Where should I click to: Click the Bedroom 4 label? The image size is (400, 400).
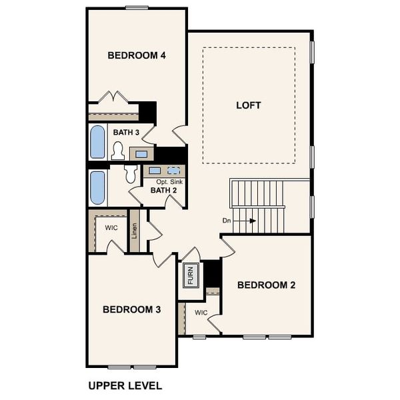[137, 55]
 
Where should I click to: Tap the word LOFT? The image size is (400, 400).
[249, 105]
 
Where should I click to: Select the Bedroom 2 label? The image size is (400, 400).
[267, 285]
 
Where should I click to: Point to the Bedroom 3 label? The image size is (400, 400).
[131, 309]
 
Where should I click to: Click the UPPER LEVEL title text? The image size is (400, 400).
[125, 385]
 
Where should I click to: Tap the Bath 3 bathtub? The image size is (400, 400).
[98, 141]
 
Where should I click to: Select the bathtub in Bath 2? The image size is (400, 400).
[98, 187]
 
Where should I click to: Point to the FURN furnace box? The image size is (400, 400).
[191, 275]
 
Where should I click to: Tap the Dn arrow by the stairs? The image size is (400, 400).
[247, 221]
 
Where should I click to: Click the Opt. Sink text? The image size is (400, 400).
[170, 181]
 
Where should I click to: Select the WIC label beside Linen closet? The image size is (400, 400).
[111, 227]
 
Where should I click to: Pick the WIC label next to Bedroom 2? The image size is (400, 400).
[201, 312]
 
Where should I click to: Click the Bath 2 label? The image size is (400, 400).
[163, 190]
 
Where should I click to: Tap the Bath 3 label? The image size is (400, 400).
[125, 133]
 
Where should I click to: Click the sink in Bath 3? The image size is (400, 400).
[142, 155]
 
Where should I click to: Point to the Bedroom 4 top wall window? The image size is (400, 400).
[137, 7]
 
